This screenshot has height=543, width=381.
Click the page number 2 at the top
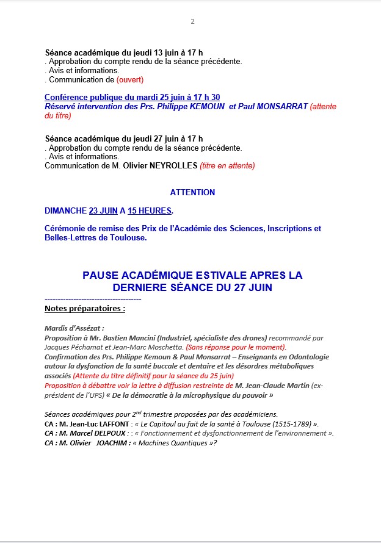(192, 21)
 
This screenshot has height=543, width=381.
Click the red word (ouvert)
(130, 80)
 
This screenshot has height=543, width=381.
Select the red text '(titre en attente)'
(227, 165)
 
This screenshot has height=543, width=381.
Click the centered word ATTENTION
(192, 192)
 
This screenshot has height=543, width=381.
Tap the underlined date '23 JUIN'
(103, 211)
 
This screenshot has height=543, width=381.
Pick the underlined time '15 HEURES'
(150, 211)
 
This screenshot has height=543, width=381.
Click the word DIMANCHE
(65, 211)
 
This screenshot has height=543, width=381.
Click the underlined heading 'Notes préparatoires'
(85, 309)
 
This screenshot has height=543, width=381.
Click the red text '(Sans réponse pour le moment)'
(236, 347)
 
